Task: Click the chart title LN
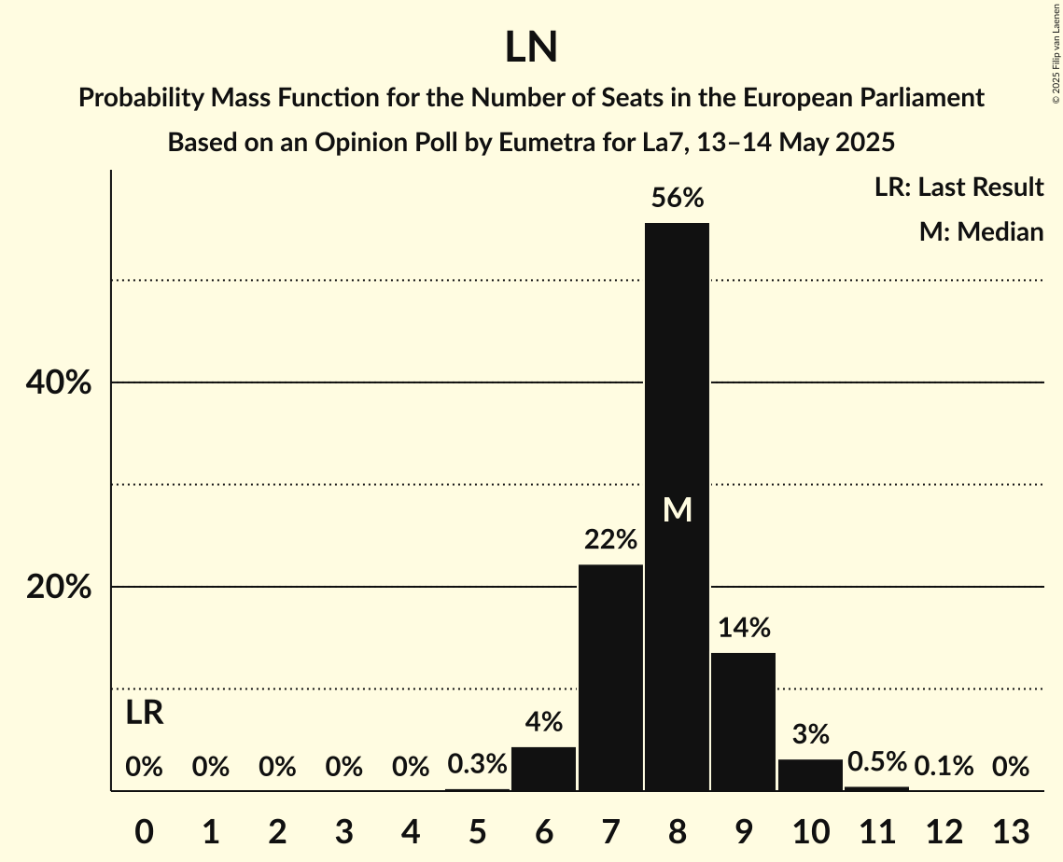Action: (531, 48)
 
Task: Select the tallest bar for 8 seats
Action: (678, 392)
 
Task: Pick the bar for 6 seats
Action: (544, 769)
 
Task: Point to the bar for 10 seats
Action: (810, 774)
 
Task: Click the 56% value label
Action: (678, 198)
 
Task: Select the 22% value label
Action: (610, 539)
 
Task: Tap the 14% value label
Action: (744, 628)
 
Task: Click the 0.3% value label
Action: (477, 765)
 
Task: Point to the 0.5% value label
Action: (876, 762)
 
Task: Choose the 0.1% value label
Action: (944, 767)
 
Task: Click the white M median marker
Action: (678, 509)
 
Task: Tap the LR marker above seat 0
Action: (145, 714)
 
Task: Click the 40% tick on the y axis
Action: (57, 382)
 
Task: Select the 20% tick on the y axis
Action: (57, 588)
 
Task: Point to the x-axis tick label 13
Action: (1010, 830)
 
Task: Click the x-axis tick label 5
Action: (477, 830)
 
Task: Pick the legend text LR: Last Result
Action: (958, 188)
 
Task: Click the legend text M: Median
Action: (981, 231)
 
